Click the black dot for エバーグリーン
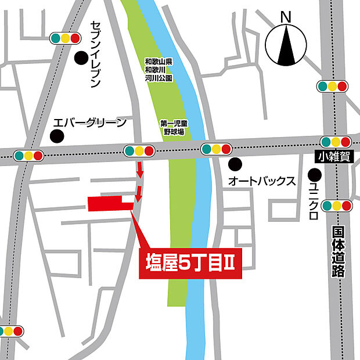[x=56, y=136]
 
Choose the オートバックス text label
[x=262, y=181]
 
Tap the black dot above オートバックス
[x=234, y=164]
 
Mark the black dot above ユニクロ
[x=314, y=174]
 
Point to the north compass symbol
[x=286, y=46]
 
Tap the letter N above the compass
[x=286, y=18]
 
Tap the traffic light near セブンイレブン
[x=65, y=38]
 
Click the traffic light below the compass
[x=333, y=87]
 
